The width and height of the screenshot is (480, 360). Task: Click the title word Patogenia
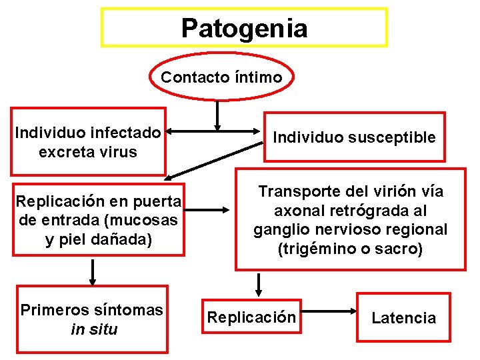point(244,28)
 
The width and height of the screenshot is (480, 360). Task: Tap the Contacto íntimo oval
point(221,77)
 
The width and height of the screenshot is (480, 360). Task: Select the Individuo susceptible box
point(354,137)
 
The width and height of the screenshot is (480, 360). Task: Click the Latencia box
point(403,318)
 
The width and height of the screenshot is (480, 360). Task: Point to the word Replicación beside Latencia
point(251,317)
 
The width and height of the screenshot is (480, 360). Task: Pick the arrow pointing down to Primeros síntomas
point(93,271)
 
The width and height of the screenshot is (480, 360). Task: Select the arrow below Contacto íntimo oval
point(217,115)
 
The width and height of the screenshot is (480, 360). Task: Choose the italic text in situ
point(93,329)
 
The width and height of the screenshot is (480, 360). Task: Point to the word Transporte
point(295,192)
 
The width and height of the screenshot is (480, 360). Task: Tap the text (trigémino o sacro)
point(350,249)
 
